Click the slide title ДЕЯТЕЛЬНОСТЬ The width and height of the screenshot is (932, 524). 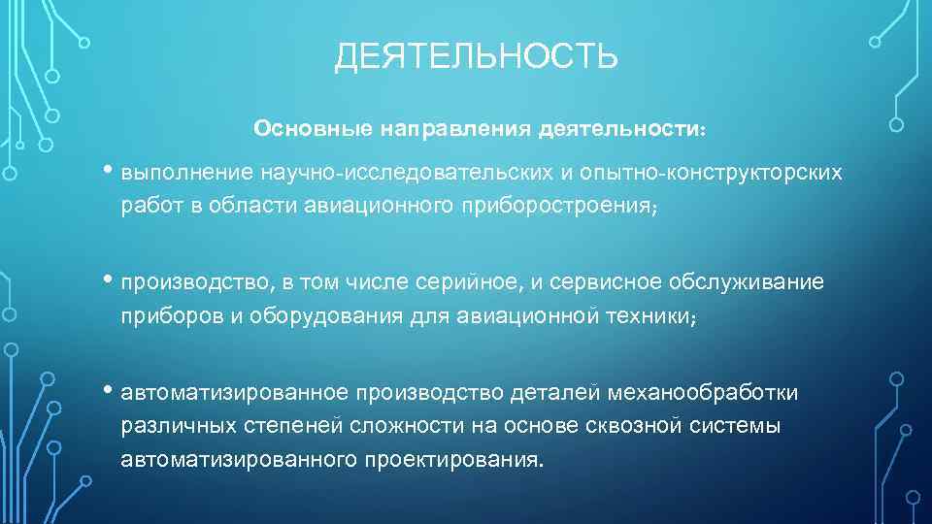point(476,57)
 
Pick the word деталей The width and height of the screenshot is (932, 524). point(567,392)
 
